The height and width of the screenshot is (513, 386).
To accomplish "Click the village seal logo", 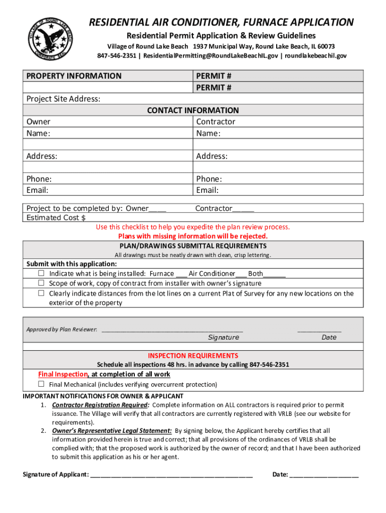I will coord(49,38).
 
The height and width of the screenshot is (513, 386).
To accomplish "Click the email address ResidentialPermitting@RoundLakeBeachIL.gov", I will coord(210,56).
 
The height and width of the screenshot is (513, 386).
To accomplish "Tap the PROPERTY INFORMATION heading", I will coord(74,76).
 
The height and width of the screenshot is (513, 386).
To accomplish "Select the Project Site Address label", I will coord(63,99).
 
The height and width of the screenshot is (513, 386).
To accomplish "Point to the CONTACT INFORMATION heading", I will coord(192,110).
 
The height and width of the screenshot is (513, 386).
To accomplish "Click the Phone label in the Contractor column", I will coord(209,179).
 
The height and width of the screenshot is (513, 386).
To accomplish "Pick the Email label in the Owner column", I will coord(38,190).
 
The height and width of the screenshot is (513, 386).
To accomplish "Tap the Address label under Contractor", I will coord(212,156).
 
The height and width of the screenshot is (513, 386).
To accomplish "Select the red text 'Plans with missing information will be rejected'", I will coord(192,236).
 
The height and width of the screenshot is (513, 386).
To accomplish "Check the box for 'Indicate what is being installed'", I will coord(42,274).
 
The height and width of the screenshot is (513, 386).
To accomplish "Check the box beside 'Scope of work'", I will coord(42,284).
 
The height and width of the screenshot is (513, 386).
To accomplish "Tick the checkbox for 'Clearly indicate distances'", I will coord(42,294).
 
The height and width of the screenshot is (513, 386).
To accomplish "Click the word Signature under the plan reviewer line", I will coord(224,337).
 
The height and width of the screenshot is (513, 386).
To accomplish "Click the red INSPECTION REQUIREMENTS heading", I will coord(192,356).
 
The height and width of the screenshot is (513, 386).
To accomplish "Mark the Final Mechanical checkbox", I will coord(42,384).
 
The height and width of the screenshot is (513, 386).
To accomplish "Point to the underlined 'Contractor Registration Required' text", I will coord(100,405).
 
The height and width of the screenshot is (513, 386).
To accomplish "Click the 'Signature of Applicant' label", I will coord(56,474).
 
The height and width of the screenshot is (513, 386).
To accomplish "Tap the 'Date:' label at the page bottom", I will coord(280,474).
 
